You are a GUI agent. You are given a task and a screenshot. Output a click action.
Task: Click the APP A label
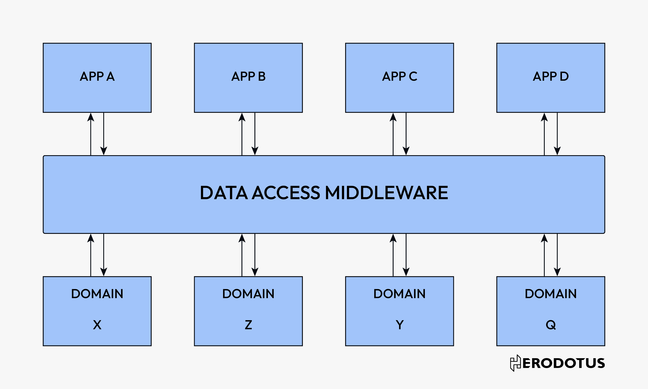click(97, 77)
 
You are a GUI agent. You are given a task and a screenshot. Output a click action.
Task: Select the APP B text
click(248, 77)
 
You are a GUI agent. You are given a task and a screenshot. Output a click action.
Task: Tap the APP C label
click(399, 77)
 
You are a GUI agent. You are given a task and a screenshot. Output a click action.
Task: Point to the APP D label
click(551, 77)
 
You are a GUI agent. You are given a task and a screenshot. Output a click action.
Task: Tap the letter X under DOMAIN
click(97, 325)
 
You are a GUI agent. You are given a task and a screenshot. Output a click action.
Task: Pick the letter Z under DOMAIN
click(248, 325)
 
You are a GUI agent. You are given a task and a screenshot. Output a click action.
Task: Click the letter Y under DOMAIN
click(399, 325)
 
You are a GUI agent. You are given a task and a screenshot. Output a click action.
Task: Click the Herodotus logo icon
click(515, 363)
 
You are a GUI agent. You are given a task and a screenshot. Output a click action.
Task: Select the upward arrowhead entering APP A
click(91, 117)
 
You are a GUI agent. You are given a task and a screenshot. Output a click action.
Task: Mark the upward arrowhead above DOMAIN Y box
click(393, 239)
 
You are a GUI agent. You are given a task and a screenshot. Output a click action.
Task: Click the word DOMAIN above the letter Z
click(248, 294)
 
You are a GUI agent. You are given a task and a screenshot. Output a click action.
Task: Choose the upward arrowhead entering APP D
click(544, 117)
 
